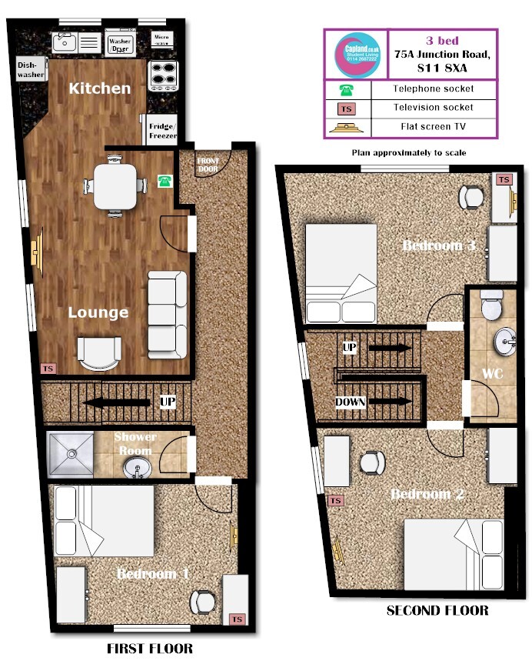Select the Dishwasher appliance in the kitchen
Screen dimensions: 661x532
click(x=29, y=71)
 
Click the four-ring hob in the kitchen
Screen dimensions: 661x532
click(x=162, y=75)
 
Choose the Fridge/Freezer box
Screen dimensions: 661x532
click(x=162, y=131)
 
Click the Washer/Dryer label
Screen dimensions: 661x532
click(x=119, y=45)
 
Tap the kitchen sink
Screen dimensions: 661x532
click(x=65, y=42)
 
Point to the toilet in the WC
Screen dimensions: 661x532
click(x=490, y=305)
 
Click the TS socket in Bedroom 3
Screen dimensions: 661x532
click(x=504, y=180)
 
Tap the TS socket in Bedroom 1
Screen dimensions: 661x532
click(x=236, y=619)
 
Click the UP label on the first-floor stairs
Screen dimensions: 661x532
click(x=167, y=402)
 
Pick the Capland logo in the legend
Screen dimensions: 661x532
click(x=356, y=54)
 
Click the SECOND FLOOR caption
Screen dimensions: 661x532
click(x=437, y=611)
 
